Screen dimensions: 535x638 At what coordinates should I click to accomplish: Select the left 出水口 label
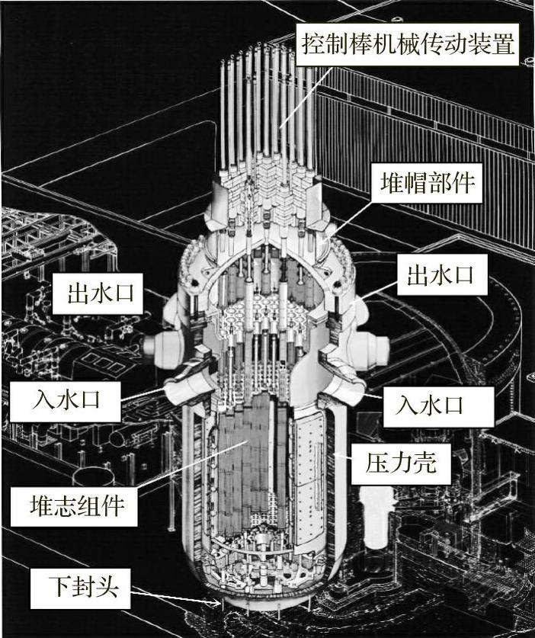pyautogui.click(x=99, y=293)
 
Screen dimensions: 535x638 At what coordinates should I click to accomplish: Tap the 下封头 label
pyautogui.click(x=72, y=586)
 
